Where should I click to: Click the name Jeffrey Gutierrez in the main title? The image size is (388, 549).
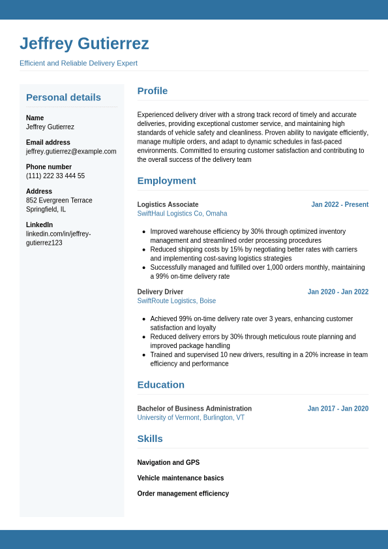click(84, 44)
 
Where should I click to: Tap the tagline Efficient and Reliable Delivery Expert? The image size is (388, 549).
click(78, 63)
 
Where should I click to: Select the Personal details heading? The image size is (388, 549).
click(63, 97)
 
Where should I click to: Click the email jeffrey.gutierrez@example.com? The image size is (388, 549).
click(71, 151)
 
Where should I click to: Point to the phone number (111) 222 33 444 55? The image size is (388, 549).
click(55, 176)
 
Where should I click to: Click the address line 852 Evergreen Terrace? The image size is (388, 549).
click(59, 200)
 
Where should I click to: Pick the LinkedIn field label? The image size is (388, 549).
click(39, 225)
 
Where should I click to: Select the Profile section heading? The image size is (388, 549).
click(153, 91)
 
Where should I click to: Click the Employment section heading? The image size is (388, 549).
click(166, 181)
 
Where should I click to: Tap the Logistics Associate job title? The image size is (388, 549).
click(168, 204)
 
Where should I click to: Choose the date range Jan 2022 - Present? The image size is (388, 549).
click(340, 204)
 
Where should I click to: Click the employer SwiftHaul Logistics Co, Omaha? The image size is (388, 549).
click(182, 213)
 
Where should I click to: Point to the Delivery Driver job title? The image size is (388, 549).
click(160, 292)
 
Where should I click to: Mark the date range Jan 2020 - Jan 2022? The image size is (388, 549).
click(338, 292)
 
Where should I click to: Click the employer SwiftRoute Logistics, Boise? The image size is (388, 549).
click(176, 301)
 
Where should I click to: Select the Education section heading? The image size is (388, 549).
click(160, 384)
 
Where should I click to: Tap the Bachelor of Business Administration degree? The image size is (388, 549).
click(194, 409)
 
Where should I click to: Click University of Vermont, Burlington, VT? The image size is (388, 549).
click(190, 418)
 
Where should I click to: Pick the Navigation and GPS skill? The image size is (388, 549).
click(168, 463)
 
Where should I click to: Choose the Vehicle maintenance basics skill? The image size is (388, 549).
click(180, 478)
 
